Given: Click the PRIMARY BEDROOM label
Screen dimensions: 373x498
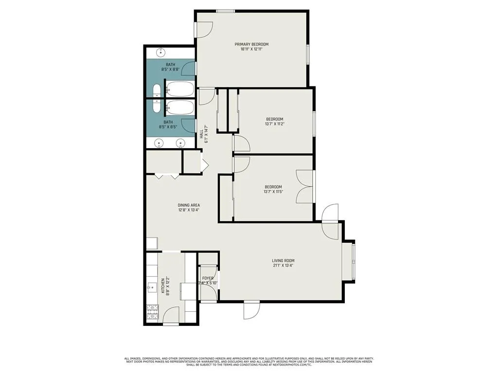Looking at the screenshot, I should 254,44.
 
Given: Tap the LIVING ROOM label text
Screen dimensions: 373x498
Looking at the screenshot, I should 283,261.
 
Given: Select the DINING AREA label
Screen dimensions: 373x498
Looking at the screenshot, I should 189,205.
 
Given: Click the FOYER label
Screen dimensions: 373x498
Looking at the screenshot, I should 208,278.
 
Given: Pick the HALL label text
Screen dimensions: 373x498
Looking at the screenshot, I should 201,134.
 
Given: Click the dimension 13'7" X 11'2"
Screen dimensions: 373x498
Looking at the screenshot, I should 274,124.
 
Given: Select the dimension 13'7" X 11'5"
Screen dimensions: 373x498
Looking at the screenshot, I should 273,192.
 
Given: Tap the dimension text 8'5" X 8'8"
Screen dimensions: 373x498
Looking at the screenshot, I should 170,69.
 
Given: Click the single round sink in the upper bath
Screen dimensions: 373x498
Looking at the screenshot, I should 160,52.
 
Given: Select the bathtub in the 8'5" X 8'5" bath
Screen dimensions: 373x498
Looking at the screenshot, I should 180,107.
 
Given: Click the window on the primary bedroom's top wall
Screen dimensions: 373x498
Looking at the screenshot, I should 226,11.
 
